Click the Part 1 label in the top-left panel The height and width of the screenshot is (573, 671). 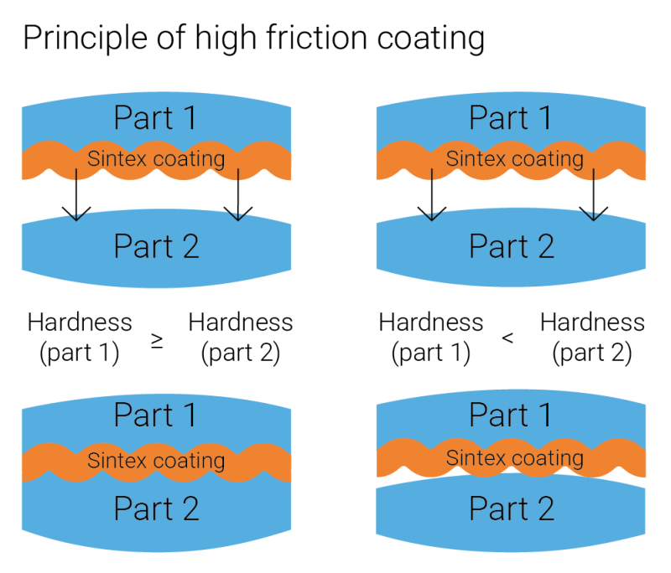155,118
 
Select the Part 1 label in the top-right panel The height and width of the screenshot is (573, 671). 511,118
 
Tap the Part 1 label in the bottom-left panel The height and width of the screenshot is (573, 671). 155,416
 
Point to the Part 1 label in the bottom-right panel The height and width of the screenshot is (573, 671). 511,416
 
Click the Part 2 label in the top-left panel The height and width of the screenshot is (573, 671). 156,247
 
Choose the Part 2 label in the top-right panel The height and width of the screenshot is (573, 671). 512,247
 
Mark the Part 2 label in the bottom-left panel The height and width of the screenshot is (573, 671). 156,508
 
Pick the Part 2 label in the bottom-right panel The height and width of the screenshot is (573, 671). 512,508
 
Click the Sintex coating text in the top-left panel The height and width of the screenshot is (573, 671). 156,159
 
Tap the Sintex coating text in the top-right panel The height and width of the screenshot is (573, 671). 514,159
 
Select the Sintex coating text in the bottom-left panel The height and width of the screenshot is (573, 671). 156,460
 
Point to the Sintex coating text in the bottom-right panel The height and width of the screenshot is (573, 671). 514,458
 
